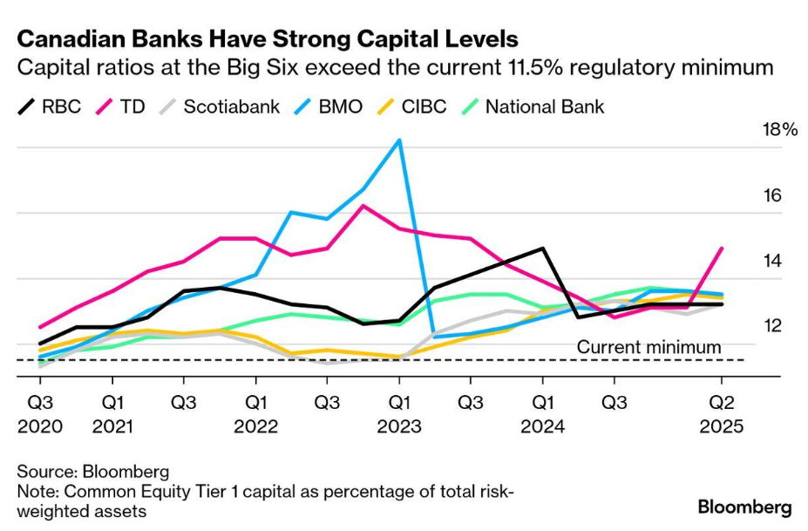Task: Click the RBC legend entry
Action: [x=50, y=106]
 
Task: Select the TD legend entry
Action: [x=120, y=106]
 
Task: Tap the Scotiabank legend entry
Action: [x=220, y=106]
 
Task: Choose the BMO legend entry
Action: [x=329, y=106]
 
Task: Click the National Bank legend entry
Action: [x=533, y=106]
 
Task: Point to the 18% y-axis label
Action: [x=780, y=129]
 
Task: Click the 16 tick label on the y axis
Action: [x=772, y=195]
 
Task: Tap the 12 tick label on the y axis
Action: [x=772, y=326]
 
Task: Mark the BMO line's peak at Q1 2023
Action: [x=399, y=140]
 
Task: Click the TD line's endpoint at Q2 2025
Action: [x=722, y=248]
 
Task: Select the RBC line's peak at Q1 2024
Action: [x=543, y=248]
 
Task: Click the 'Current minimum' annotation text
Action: [x=648, y=347]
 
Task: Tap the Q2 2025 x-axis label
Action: [x=722, y=414]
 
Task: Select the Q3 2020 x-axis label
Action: [x=40, y=414]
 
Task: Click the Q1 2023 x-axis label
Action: [x=399, y=414]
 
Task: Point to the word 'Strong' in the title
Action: [x=311, y=39]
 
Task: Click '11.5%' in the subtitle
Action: [x=534, y=67]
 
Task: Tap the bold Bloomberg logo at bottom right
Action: [x=744, y=507]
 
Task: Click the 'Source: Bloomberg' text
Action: [x=93, y=472]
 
